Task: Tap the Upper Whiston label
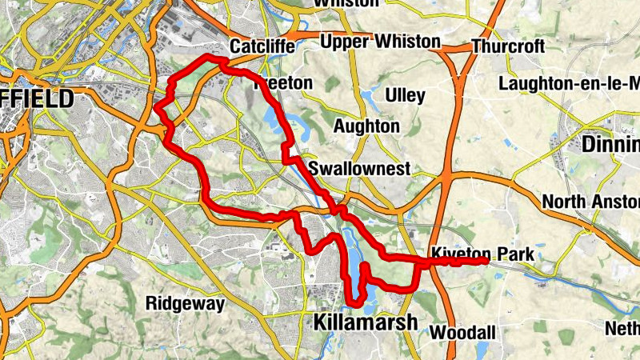(380, 42)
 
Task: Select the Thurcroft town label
(507, 46)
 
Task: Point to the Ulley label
(405, 96)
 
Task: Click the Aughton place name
(366, 126)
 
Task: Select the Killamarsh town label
(365, 322)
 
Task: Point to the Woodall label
(463, 331)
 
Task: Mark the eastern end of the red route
(486, 261)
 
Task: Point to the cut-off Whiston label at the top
(346, 3)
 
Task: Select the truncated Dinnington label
(611, 146)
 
